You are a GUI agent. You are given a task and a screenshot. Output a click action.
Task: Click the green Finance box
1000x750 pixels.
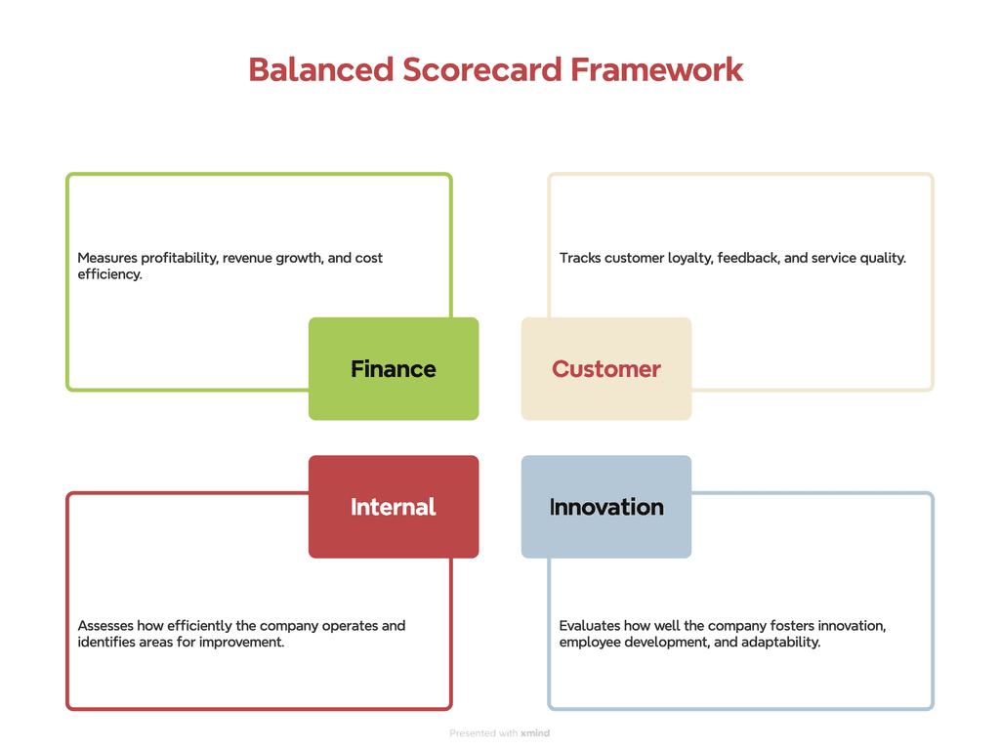tap(394, 369)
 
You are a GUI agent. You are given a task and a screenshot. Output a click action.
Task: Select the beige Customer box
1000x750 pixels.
tap(605, 369)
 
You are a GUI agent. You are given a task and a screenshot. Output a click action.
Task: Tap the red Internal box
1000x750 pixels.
tap(394, 507)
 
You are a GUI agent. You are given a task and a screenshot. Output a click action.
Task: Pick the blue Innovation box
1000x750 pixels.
tap(605, 507)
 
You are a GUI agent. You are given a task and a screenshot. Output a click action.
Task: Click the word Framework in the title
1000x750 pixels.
tap(657, 70)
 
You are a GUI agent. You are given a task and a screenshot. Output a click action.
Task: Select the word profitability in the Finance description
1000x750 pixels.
tap(180, 259)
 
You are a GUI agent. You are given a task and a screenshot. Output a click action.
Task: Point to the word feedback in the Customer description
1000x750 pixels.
tap(748, 259)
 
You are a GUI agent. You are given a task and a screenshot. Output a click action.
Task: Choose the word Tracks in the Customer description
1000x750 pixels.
tap(580, 259)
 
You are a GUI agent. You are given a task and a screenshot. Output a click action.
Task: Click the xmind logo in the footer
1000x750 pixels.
tap(535, 733)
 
